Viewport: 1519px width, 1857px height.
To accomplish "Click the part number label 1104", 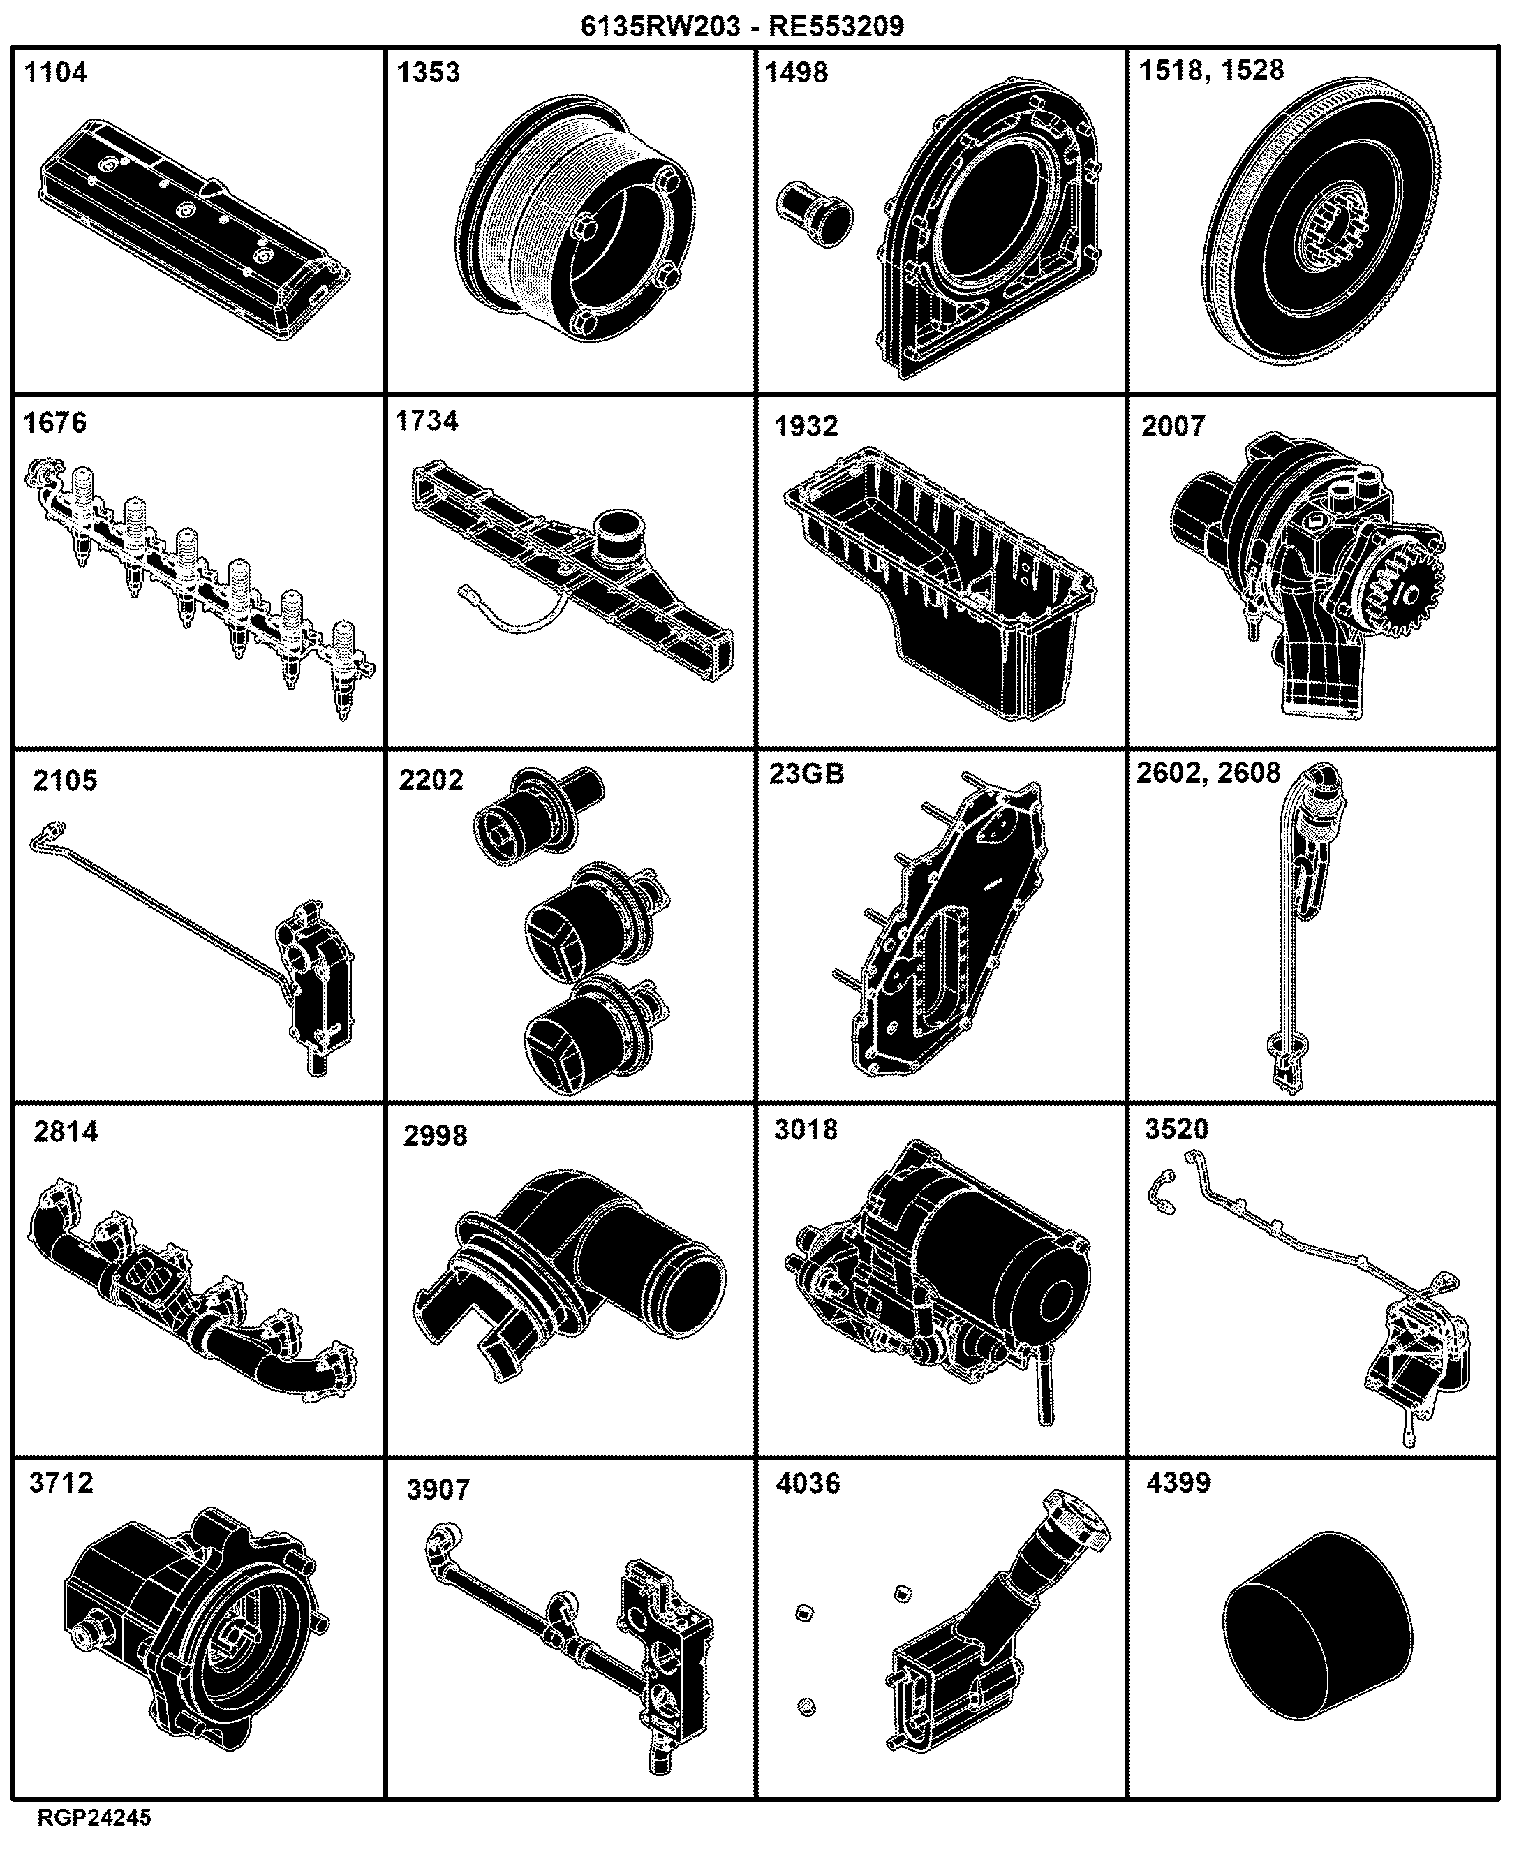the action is point(56,72).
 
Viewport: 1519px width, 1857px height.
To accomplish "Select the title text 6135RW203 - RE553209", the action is point(742,27).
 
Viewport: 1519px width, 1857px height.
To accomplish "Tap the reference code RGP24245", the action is point(94,1818).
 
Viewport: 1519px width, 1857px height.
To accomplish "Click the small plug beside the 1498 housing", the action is point(815,214).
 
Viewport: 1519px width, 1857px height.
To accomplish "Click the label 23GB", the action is point(807,774).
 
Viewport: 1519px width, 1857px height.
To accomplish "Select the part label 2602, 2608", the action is point(1208,773).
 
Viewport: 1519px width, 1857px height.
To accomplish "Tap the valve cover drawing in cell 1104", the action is point(194,229).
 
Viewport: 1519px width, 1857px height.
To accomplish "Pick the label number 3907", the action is point(438,1490).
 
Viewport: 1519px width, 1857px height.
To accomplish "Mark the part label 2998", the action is point(435,1136).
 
